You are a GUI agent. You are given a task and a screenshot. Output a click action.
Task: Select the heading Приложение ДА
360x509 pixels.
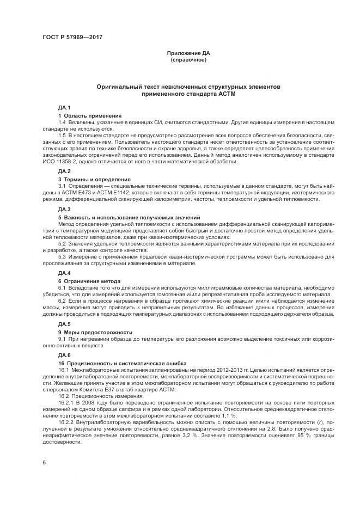click(188, 53)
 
